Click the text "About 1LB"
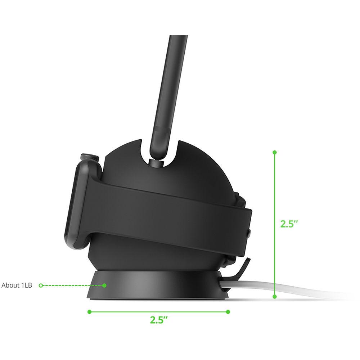tap(17, 285)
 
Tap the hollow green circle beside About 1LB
tap(41, 285)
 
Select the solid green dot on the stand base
tap(104, 285)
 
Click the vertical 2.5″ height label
tap(289, 224)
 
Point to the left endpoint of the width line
tap(89, 311)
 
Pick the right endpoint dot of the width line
tap(228, 311)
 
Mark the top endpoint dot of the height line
tap(275, 152)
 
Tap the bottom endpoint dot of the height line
tap(275, 297)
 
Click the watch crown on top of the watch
tap(90, 157)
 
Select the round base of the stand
tap(158, 286)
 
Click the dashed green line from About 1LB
tap(72, 285)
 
